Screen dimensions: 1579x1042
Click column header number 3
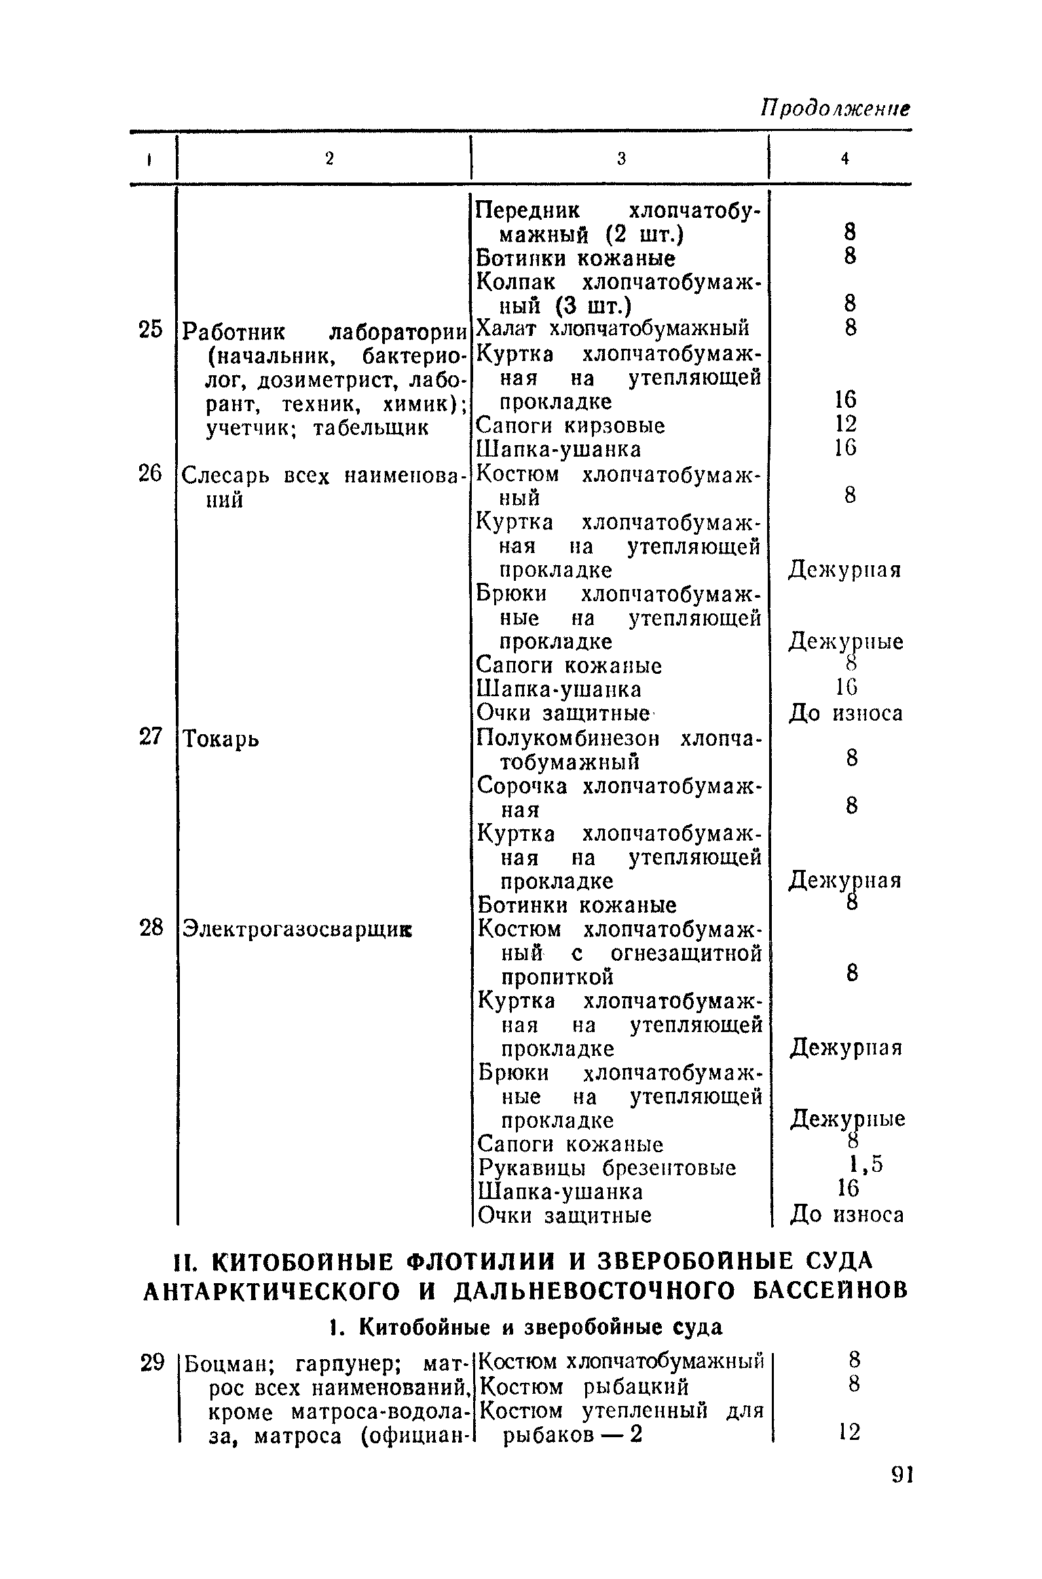coord(620,159)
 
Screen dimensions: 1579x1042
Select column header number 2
coord(329,159)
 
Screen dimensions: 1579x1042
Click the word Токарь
coord(221,738)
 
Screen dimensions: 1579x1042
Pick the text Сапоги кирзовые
coord(570,426)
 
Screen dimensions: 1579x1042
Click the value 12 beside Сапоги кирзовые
coord(846,424)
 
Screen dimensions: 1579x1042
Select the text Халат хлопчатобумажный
coord(613,329)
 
